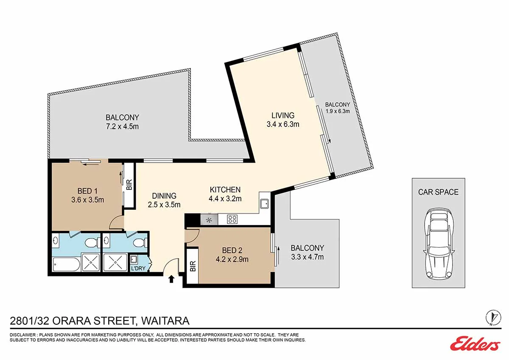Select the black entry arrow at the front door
click(171, 279)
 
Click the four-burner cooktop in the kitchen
click(232, 219)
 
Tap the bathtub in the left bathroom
click(66, 264)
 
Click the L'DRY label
click(138, 268)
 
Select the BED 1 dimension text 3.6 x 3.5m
click(88, 200)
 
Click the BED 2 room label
click(232, 250)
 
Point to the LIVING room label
click(283, 115)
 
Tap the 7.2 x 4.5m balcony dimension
click(122, 127)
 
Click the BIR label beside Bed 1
click(129, 185)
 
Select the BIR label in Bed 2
click(193, 266)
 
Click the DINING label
click(164, 196)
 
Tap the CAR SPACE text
click(438, 192)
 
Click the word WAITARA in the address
click(165, 321)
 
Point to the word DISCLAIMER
click(23, 335)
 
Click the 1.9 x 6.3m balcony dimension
click(338, 111)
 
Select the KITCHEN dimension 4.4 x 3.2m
click(225, 199)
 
